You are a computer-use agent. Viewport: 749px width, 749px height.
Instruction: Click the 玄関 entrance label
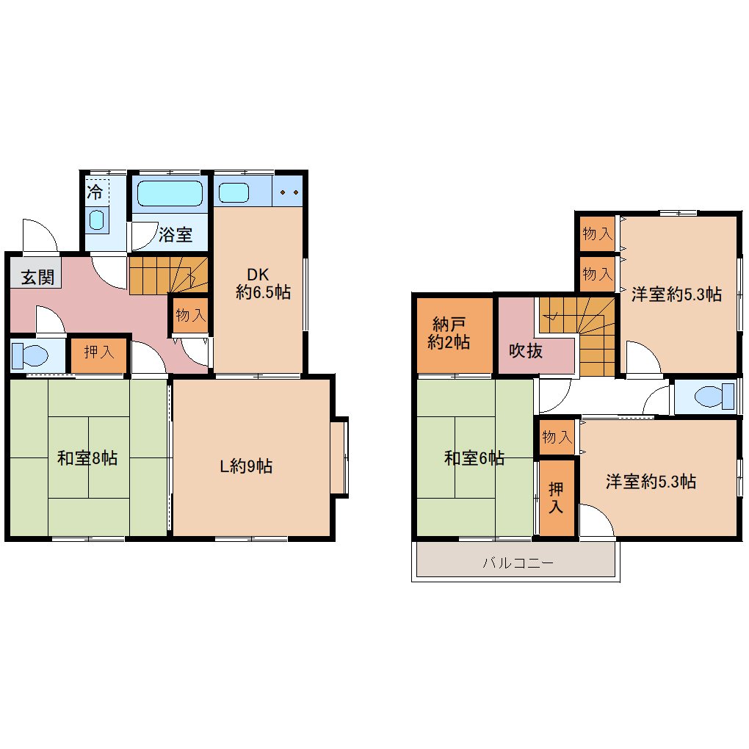click(37, 277)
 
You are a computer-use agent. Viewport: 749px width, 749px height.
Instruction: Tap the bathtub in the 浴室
click(170, 193)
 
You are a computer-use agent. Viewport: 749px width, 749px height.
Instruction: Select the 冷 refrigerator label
click(95, 192)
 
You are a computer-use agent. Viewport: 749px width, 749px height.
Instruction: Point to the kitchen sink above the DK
click(234, 192)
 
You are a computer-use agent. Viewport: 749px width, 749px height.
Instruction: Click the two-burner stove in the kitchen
click(289, 192)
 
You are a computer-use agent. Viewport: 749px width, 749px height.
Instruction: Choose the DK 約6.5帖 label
click(263, 283)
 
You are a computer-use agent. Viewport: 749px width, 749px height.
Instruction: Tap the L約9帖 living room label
click(246, 466)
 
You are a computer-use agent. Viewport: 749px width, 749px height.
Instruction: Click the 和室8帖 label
click(87, 458)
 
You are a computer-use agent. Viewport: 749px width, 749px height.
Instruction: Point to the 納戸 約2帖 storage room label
click(449, 333)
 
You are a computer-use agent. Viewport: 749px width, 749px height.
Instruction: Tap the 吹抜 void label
click(526, 351)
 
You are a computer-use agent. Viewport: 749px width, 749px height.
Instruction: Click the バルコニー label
click(518, 562)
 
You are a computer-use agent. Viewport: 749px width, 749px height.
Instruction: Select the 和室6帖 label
click(474, 458)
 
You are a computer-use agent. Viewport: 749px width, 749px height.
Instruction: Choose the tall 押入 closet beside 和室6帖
click(557, 498)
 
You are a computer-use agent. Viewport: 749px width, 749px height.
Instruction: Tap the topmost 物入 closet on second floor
click(597, 234)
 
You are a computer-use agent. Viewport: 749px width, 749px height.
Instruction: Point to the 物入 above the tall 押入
click(557, 437)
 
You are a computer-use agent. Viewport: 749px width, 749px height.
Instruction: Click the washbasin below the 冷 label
click(97, 220)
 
